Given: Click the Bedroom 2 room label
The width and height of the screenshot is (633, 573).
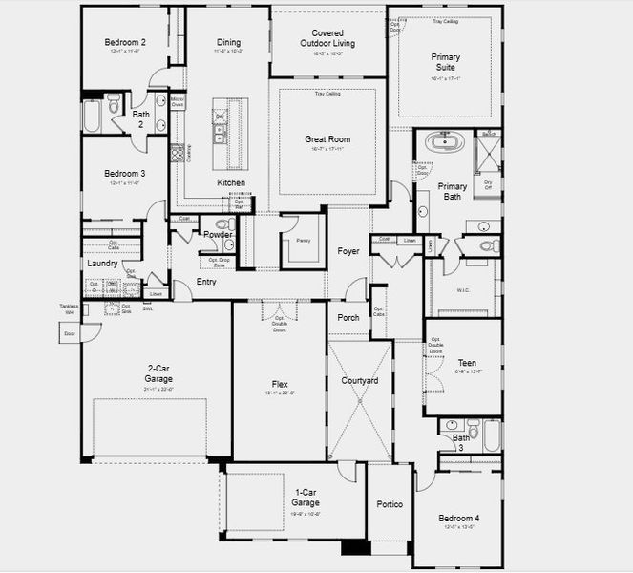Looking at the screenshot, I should pos(124,42).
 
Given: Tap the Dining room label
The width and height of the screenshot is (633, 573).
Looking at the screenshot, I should pos(228,42).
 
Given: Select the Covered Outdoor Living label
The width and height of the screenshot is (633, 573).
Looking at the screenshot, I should pos(327,37).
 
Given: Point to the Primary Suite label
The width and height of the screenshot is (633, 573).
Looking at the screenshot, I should pos(444,63).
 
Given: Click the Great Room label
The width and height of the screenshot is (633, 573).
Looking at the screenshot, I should pos(327,139).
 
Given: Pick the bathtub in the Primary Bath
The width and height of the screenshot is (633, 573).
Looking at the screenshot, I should pos(444,144).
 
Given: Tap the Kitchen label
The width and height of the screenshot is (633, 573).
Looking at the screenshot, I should pos(231,182).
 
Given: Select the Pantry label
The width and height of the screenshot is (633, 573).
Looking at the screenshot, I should pos(304,241).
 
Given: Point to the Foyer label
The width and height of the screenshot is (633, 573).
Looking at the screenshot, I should pos(348,251).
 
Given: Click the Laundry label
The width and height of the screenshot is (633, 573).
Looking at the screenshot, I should pos(102,263).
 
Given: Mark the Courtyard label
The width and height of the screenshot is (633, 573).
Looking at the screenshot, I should pos(360,380).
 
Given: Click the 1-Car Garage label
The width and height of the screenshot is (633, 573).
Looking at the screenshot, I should pos(306,497).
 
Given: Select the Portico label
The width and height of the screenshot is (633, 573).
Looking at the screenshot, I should pos(390,503).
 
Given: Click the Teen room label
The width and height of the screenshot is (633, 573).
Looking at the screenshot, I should pos(467,363).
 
